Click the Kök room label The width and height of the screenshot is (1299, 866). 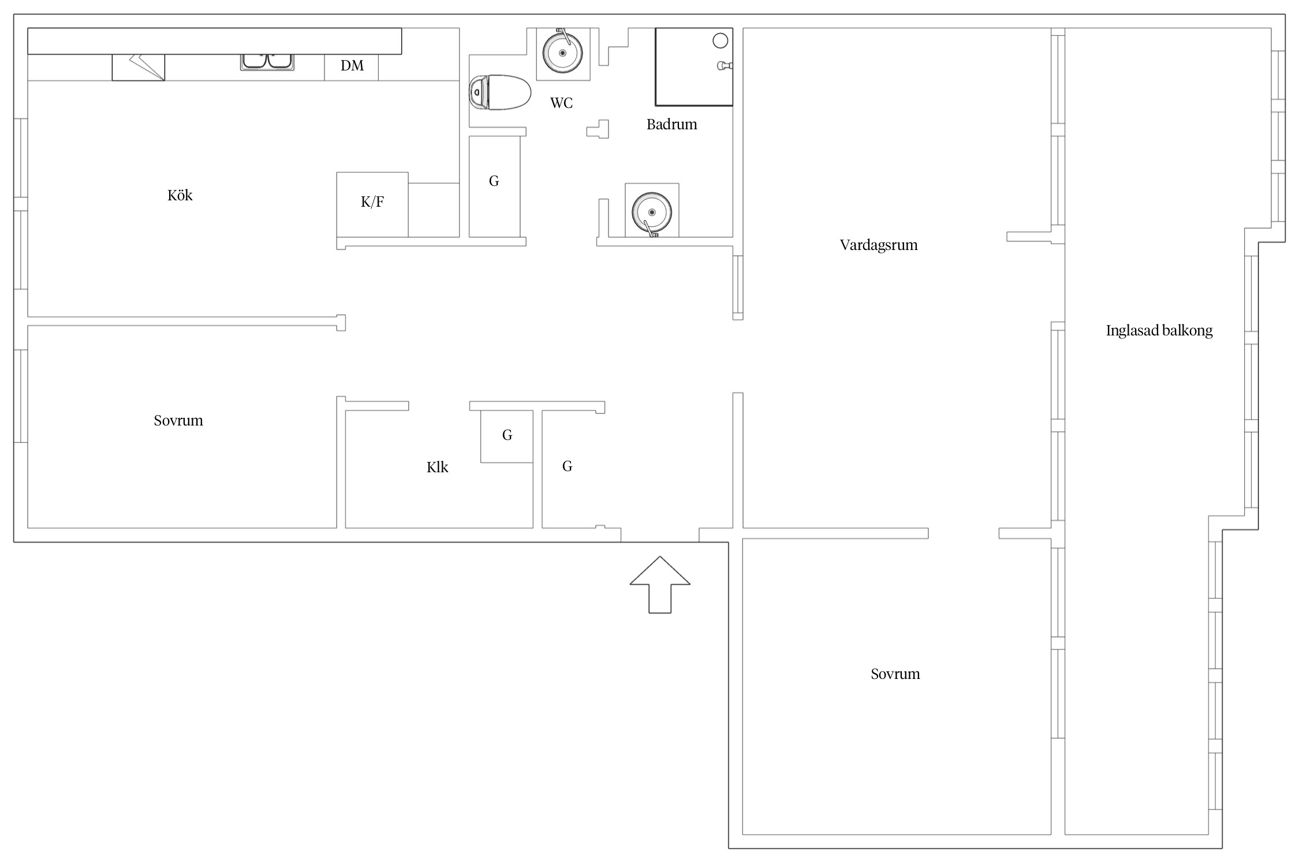[x=180, y=195]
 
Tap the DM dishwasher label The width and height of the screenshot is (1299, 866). [x=352, y=66]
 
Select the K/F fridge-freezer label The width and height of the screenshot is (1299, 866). [x=372, y=202]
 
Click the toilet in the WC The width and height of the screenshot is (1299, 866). [x=500, y=92]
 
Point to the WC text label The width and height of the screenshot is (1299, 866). [x=561, y=103]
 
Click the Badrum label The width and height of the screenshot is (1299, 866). [x=671, y=124]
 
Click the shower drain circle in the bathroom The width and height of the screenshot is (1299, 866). [x=720, y=41]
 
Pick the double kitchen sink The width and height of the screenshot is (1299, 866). [x=267, y=62]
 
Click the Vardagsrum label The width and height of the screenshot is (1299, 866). [x=878, y=245]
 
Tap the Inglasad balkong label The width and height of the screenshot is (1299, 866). [x=1159, y=331]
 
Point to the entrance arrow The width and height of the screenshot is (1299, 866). [x=660, y=584]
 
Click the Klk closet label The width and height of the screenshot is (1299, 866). [x=437, y=467]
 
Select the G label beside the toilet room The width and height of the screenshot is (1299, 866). [x=494, y=181]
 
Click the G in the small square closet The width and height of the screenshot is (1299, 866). [x=507, y=435]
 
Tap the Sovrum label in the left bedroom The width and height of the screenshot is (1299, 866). [x=178, y=421]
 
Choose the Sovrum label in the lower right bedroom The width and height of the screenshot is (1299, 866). [x=895, y=674]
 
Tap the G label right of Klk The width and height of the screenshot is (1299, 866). [x=567, y=466]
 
